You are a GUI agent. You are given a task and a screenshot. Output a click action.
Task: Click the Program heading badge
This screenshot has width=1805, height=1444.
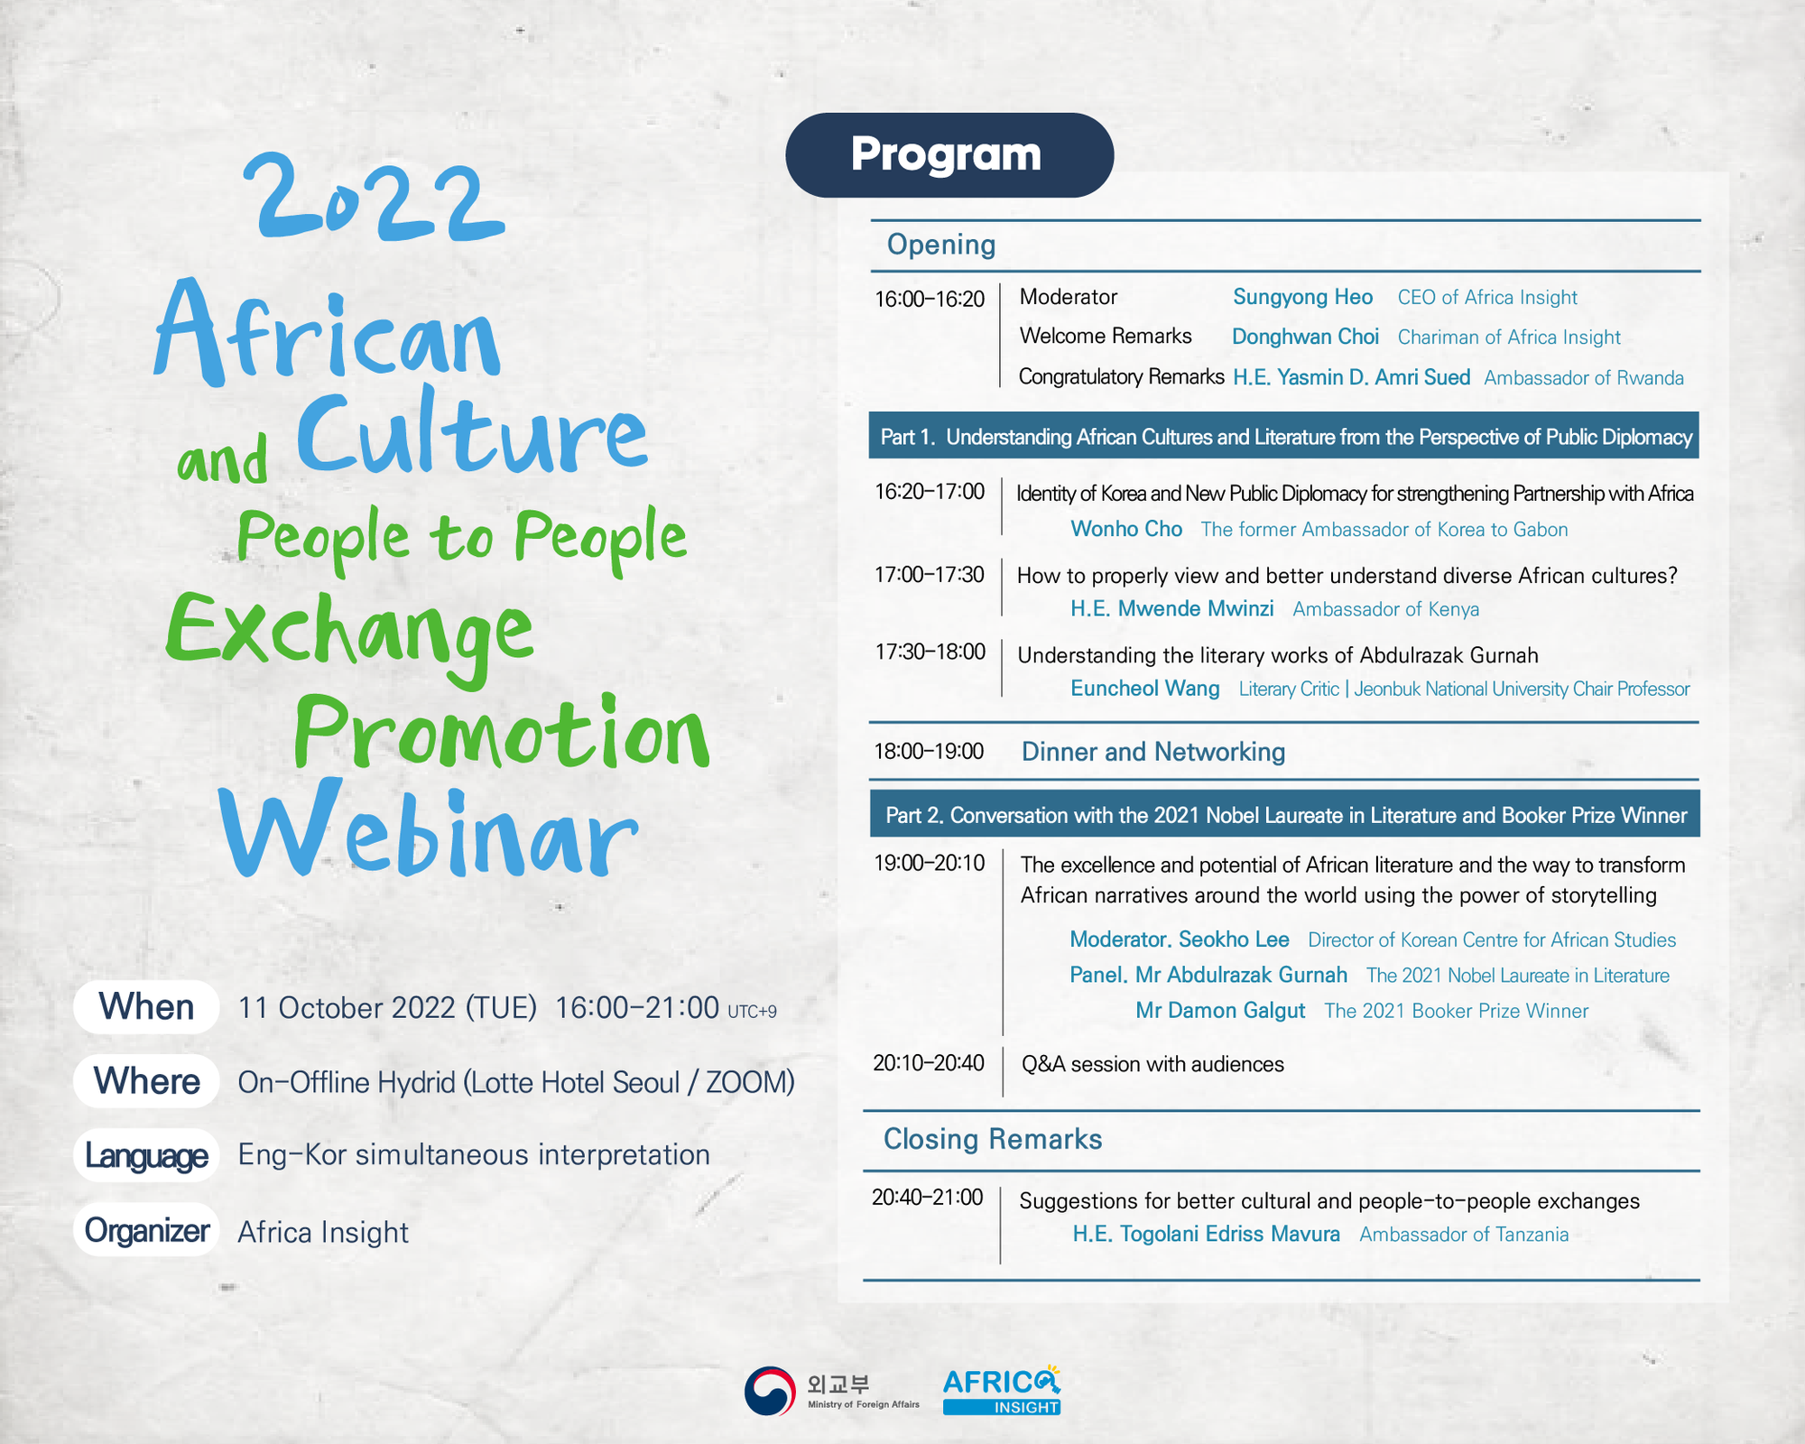point(949,155)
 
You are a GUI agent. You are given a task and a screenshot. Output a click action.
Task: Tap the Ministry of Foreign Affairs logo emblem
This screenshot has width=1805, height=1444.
point(770,1391)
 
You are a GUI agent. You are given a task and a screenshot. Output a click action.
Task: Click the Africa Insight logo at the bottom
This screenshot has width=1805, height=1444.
point(1002,1390)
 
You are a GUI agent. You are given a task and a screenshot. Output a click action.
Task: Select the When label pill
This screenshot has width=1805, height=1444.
point(146,1007)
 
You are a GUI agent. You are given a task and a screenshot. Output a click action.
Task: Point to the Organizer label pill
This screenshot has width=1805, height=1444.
point(146,1230)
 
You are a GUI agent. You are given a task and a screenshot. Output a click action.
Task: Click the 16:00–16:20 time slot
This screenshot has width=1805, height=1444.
point(930,300)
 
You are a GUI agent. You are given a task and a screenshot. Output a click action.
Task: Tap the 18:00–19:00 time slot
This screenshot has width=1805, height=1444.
point(929,752)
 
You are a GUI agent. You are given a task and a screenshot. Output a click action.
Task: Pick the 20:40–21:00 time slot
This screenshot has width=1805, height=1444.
point(927,1198)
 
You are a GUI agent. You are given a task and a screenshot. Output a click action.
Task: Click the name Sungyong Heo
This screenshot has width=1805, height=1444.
point(1302,297)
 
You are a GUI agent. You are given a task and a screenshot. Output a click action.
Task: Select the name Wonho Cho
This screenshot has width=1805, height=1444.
point(1126,529)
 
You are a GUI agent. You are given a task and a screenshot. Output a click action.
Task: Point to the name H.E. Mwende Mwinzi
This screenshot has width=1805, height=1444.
point(1172,608)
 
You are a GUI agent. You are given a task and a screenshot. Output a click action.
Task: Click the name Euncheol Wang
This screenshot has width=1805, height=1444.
point(1145,689)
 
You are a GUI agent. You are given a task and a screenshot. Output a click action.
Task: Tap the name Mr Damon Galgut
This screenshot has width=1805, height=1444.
point(1220,1011)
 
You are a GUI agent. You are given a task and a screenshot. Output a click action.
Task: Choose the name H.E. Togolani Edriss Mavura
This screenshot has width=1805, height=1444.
point(1207,1234)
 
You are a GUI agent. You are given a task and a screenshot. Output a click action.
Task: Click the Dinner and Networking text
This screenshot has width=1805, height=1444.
point(1153,752)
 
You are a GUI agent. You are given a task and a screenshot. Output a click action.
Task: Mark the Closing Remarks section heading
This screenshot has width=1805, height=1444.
point(993,1139)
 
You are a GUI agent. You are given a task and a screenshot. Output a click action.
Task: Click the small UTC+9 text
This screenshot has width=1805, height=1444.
point(752,1012)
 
